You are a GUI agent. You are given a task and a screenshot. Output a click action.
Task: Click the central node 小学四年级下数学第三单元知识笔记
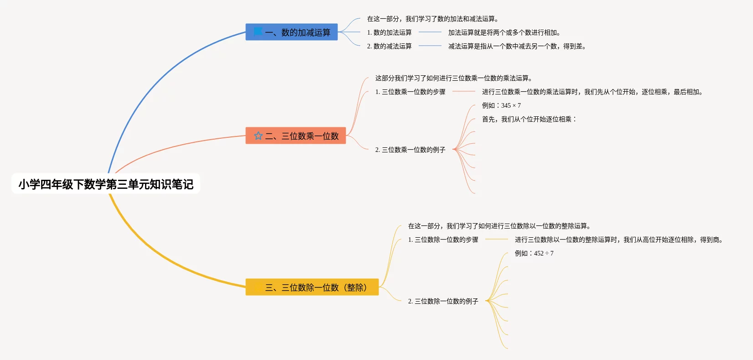tap(106, 184)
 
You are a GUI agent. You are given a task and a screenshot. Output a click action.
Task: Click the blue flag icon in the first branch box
tap(258, 31)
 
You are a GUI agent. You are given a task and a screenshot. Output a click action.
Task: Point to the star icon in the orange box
tap(258, 136)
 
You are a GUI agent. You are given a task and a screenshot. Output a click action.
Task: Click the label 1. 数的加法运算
tap(389, 32)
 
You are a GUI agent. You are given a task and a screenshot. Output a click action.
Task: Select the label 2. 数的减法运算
tap(389, 46)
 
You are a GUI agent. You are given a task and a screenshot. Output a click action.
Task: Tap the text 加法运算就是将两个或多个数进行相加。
tap(504, 32)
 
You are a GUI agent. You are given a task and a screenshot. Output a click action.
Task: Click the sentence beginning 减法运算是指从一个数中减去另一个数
tap(517, 46)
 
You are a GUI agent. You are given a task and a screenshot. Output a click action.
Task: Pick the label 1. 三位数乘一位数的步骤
tap(410, 92)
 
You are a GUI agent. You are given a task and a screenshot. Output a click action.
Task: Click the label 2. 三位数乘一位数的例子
tap(410, 150)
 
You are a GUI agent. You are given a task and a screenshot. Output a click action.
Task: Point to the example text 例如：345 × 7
tap(501, 105)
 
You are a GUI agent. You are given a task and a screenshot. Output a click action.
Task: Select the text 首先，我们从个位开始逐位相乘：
tap(529, 119)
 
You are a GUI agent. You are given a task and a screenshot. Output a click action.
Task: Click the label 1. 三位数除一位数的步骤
tap(443, 240)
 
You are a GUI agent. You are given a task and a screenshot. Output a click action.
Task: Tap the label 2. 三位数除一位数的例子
tap(443, 301)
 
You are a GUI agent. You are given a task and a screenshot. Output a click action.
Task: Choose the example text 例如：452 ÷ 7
tap(534, 253)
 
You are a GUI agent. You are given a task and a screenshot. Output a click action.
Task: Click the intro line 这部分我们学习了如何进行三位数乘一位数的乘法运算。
tap(453, 78)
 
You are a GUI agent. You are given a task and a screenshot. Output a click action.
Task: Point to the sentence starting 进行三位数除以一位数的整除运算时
tap(619, 240)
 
